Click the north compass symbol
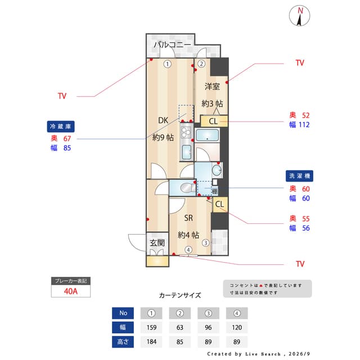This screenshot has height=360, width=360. tap(299, 16)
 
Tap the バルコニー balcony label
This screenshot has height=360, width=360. tap(172, 44)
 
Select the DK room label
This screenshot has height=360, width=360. tap(163, 120)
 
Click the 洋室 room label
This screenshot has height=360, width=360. tap(212, 87)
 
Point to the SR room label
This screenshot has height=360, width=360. tap(188, 218)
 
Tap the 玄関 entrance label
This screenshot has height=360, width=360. tap(157, 242)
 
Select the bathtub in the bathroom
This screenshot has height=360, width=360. tap(208, 135)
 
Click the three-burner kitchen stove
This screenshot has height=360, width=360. tap(186, 133)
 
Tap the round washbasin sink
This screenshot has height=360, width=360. tap(217, 170)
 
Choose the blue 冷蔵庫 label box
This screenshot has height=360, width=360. tap(61, 127)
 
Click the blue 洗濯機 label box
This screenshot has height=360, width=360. tap(299, 176)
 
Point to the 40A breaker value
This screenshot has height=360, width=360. tap(71, 291)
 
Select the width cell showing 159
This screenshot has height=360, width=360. tap(151, 327)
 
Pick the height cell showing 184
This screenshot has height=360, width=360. tap(151, 341)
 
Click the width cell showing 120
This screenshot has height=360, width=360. tap(237, 327)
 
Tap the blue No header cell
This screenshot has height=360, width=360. tap(123, 313)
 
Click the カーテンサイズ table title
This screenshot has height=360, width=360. tap(180, 295)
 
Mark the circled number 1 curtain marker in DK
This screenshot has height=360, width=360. tap(168, 64)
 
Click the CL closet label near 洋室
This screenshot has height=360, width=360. tap(213, 121)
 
